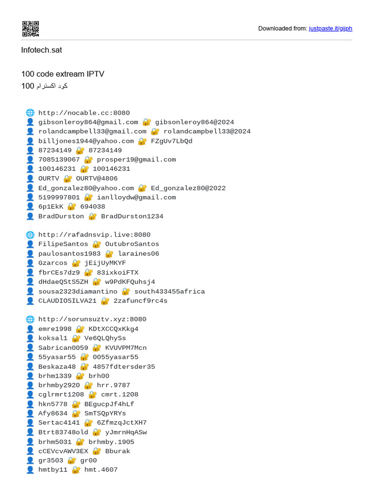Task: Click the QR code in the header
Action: click(x=30, y=29)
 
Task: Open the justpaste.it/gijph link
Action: click(x=330, y=29)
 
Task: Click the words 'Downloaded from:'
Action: click(x=282, y=29)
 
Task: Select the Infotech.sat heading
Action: click(x=41, y=50)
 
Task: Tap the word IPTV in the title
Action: click(x=95, y=74)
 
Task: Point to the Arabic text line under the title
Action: click(x=44, y=86)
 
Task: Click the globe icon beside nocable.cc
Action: click(x=30, y=113)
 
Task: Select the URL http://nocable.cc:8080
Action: click(x=84, y=113)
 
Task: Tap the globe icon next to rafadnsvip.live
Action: click(x=30, y=235)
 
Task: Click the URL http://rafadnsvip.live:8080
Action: click(x=94, y=235)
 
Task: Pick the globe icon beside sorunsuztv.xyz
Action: click(x=30, y=319)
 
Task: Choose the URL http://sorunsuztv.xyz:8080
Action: click(x=92, y=319)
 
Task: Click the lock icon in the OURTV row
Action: click(x=68, y=179)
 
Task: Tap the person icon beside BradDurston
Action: click(x=30, y=216)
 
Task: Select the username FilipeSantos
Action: click(x=63, y=244)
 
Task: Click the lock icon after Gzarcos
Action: click(x=76, y=263)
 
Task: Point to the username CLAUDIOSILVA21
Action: click(x=68, y=301)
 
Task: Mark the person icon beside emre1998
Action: click(x=30, y=329)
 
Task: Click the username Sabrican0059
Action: click(x=63, y=348)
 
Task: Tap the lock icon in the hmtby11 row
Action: click(x=76, y=470)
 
